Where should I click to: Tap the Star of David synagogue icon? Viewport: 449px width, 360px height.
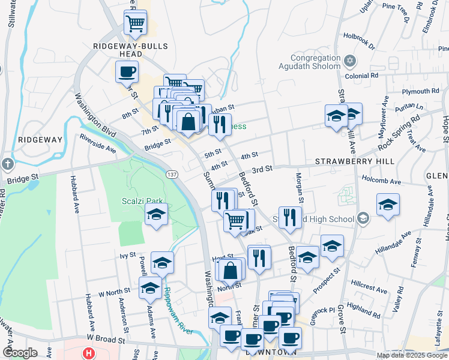tap(351, 61)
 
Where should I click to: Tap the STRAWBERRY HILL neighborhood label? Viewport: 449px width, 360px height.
tap(355, 162)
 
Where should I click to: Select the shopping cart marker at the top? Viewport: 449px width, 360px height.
tap(136, 24)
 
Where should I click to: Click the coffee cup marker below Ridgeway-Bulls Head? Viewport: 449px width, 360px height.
tap(127, 73)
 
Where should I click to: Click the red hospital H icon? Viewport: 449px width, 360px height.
tap(89, 353)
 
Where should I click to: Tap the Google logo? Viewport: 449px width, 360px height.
tap(20, 353)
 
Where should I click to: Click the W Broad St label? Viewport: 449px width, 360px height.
tap(104, 339)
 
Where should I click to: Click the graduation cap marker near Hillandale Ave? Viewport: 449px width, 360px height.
tap(388, 206)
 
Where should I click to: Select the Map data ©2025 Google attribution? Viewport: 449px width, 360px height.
tap(411, 355)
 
